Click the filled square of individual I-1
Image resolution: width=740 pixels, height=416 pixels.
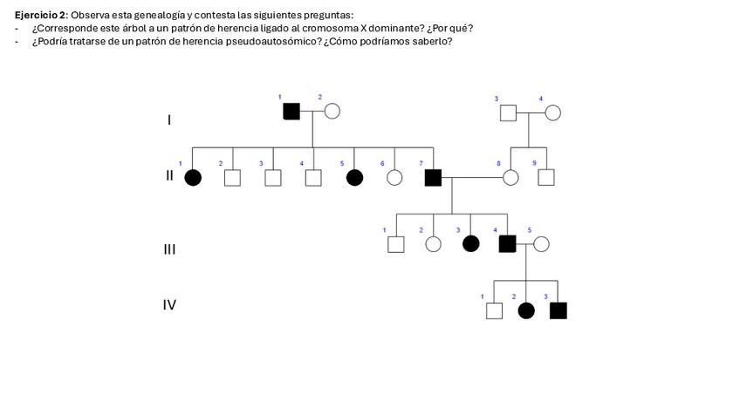coord(291,111)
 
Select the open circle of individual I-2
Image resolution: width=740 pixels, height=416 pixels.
coord(332,111)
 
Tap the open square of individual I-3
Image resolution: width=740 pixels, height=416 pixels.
coord(508,113)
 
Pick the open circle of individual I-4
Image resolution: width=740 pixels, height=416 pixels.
coord(552,113)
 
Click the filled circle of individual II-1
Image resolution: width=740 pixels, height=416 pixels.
coord(193,178)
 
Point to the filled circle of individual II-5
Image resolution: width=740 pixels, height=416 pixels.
coord(354,178)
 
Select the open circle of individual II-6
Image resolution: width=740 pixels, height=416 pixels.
coord(394,178)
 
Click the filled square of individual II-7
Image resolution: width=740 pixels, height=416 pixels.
coord(433,178)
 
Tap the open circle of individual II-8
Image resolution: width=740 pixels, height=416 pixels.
coord(510,178)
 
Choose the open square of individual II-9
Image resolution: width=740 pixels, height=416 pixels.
coord(546,178)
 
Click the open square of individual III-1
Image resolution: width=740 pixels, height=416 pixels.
coord(395,244)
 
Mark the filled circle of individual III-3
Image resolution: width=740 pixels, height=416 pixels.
coord(470,244)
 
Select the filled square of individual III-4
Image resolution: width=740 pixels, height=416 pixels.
coord(507,244)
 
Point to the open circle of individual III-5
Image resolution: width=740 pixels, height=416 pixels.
coord(541,244)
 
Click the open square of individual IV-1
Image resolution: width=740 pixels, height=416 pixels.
coord(494,310)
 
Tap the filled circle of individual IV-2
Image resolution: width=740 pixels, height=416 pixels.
coord(526,310)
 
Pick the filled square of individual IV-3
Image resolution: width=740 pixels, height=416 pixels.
coord(558,310)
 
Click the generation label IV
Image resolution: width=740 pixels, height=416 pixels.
coord(169,305)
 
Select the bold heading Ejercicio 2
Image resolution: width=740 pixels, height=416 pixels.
coord(40,15)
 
